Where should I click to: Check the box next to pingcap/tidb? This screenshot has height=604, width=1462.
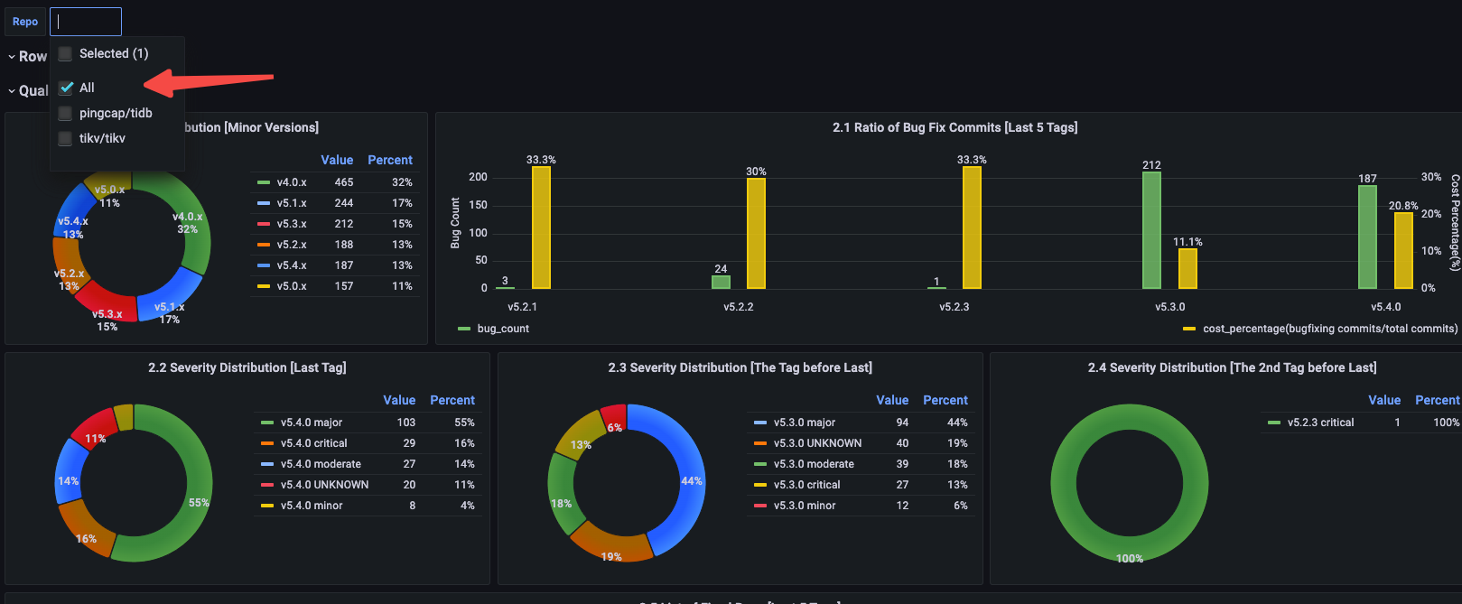click(65, 114)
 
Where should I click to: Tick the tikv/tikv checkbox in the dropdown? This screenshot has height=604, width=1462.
click(65, 139)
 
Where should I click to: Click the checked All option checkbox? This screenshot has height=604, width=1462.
click(66, 88)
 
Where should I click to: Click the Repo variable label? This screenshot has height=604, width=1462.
click(25, 22)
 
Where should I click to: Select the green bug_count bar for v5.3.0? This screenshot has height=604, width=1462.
click(1151, 230)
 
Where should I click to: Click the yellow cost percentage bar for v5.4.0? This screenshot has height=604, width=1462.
click(1403, 250)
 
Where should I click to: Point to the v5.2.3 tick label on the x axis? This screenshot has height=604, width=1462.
click(954, 307)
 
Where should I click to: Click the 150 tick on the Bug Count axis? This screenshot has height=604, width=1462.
click(478, 205)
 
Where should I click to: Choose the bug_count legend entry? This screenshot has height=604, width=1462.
click(502, 329)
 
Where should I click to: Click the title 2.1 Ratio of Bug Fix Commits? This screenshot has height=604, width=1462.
click(954, 127)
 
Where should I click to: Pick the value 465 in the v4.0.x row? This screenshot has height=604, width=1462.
click(344, 182)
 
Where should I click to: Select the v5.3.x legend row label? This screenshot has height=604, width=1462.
click(292, 224)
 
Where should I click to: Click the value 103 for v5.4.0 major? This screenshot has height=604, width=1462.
click(406, 423)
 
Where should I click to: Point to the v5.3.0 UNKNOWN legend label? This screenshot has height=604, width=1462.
click(817, 443)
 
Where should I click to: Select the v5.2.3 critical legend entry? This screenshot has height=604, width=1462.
click(1320, 423)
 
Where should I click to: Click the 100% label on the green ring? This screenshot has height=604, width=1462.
click(1130, 559)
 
